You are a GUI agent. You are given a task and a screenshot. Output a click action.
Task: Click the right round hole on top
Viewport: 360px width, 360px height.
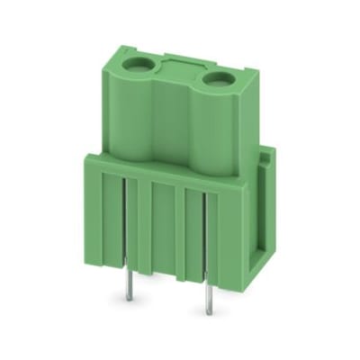(x=217, y=80)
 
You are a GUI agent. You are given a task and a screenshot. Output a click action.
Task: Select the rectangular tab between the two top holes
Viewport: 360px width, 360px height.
(x=180, y=65)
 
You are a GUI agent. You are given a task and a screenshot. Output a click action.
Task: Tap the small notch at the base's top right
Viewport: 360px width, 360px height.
(x=266, y=159)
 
